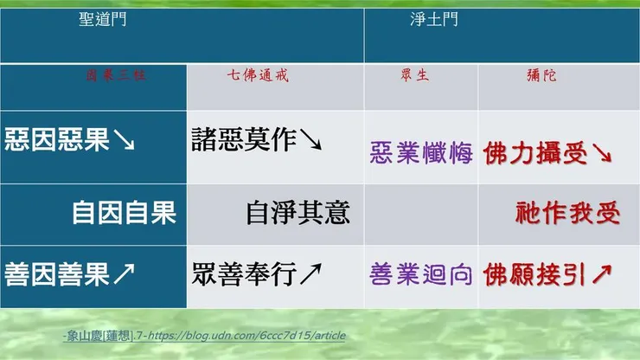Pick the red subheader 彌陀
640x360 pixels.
[x=543, y=76]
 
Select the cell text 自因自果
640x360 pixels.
[x=124, y=212]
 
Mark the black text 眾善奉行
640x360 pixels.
[x=245, y=275]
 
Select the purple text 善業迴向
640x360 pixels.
[x=421, y=275]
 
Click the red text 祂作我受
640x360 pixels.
[x=567, y=212]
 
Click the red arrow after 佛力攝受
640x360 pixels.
[x=603, y=155]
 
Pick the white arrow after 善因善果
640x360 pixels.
[x=124, y=276]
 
